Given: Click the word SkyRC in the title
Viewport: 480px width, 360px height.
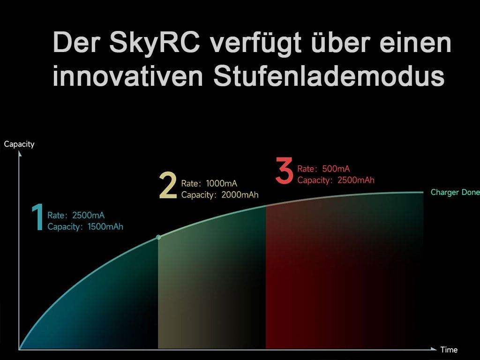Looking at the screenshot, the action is point(155,43).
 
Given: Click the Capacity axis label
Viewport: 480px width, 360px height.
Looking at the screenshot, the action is point(19,144).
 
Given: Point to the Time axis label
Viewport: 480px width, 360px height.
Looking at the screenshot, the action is point(449,350).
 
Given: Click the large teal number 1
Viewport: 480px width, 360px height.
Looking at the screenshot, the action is point(38,217).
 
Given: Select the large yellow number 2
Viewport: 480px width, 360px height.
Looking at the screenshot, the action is point(168,186).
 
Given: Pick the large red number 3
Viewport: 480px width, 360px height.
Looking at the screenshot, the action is point(284,170).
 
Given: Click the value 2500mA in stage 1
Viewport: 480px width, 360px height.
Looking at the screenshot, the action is point(88,215).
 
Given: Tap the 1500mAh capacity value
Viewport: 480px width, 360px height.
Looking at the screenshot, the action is point(105,226).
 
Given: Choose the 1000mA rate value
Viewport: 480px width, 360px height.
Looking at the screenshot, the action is point(222,183).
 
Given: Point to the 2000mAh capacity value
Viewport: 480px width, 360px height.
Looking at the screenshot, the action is point(240,195).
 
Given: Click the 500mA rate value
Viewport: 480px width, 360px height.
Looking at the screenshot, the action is point(336,169).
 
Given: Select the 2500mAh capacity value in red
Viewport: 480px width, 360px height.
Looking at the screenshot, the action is point(356,180).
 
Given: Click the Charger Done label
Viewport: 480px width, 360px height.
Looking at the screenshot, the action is point(455,192).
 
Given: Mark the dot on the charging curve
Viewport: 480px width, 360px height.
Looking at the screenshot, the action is point(158,237).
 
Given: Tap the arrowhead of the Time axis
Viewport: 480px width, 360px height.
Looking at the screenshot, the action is point(434,349).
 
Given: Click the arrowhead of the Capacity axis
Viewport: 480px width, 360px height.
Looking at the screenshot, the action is point(20,154).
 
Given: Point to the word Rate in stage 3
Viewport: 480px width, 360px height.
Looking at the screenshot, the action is point(306,169).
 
